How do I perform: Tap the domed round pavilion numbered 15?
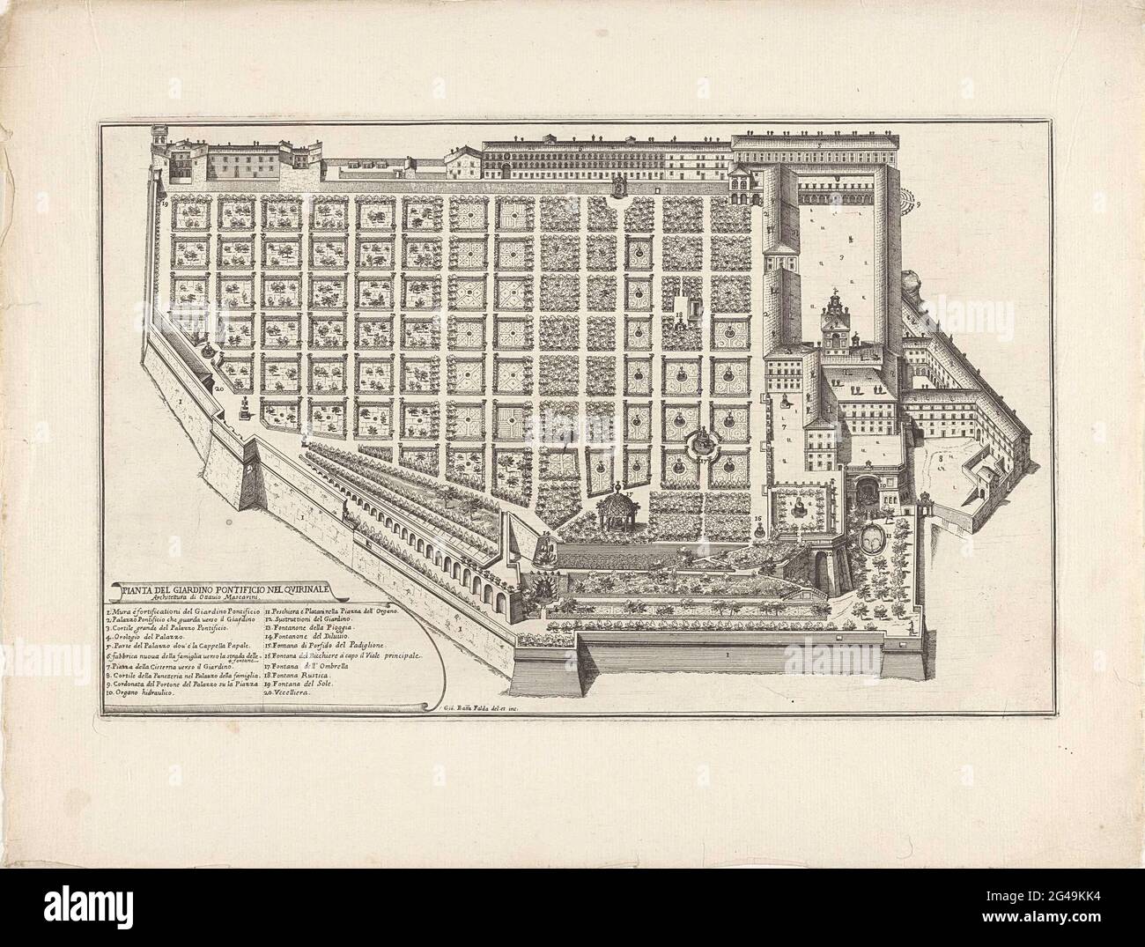click(615, 509)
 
